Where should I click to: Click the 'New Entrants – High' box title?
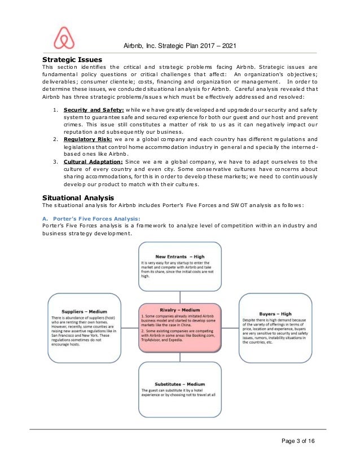(179, 256)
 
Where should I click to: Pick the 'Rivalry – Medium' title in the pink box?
(179, 310)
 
